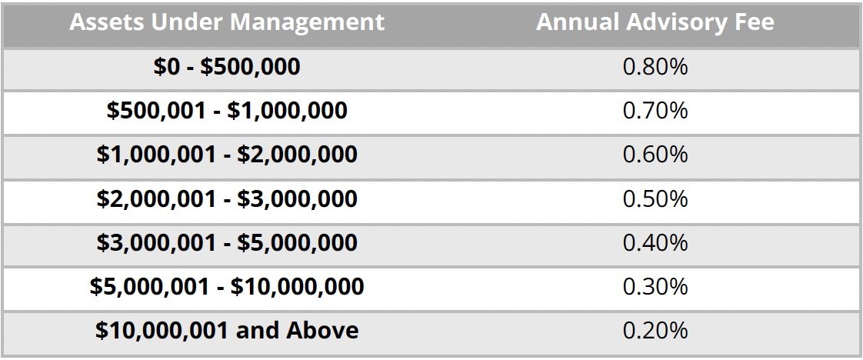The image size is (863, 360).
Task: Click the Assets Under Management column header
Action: click(227, 22)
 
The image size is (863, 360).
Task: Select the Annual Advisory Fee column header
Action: click(655, 22)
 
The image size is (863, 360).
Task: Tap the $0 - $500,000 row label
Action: click(227, 67)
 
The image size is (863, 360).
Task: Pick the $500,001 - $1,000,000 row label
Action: click(227, 111)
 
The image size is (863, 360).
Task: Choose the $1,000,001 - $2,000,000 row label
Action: click(227, 155)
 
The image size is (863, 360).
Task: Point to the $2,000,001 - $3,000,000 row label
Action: click(227, 199)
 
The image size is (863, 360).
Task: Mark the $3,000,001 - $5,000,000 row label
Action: click(227, 243)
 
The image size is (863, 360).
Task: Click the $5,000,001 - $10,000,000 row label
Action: click(227, 287)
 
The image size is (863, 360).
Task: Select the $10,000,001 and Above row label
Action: click(227, 331)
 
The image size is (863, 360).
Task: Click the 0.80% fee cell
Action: click(655, 67)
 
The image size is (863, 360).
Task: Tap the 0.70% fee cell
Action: click(655, 111)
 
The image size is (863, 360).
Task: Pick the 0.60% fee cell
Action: click(655, 155)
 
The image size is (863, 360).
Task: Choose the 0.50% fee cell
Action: click(655, 199)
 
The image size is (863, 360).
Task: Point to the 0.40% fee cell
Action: click(655, 243)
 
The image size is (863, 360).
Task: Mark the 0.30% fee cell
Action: click(655, 287)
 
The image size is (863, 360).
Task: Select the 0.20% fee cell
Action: click(655, 331)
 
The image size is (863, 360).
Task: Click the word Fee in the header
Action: click(753, 22)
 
